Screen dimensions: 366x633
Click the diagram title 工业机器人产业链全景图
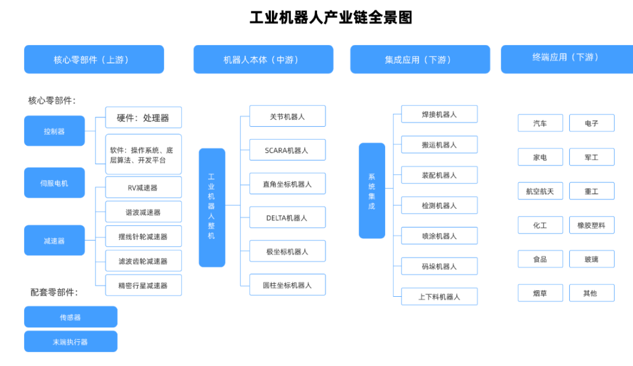[331, 18]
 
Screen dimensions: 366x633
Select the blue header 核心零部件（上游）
[94, 59]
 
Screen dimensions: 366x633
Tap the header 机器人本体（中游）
[263, 59]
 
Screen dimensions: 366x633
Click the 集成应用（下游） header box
[420, 59]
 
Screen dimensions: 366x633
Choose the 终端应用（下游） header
[566, 57]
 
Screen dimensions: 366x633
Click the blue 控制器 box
[55, 131]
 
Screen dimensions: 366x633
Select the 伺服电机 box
[55, 182]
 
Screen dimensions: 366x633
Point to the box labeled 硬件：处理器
[143, 117]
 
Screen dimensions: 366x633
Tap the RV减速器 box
[143, 188]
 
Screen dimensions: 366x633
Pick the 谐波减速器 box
[143, 212]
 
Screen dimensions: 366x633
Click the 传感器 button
[70, 317]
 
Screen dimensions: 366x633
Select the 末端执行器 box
[70, 341]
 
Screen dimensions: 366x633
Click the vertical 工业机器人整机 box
[212, 207]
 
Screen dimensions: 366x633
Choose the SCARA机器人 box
[287, 150]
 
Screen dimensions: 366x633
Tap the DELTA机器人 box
[287, 218]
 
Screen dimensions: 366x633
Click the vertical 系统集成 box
[372, 191]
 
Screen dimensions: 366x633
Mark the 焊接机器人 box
[439, 114]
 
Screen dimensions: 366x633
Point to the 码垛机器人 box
[439, 266]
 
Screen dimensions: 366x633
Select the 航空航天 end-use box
[540, 191]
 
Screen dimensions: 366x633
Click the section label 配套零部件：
[55, 292]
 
